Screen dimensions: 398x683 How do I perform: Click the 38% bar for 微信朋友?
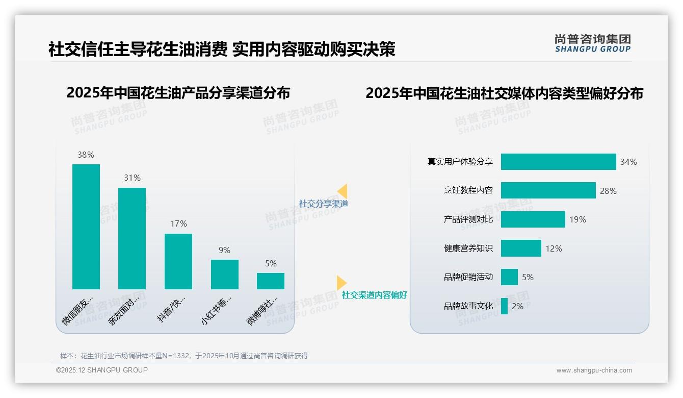(86, 227)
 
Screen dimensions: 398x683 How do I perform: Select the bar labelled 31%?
(132, 238)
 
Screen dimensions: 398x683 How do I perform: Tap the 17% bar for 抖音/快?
(178, 261)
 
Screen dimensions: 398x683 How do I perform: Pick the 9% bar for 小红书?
(225, 275)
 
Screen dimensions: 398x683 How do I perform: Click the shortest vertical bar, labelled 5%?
(271, 281)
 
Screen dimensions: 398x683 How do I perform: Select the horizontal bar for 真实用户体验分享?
(558, 162)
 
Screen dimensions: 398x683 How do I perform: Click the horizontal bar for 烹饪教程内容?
(548, 190)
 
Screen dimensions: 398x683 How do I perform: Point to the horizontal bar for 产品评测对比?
(533, 219)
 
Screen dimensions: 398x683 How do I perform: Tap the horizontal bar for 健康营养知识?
(521, 248)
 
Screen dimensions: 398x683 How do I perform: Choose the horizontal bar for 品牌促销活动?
(509, 277)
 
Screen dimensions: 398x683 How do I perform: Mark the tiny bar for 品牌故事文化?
(504, 306)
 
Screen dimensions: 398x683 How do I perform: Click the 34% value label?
(628, 162)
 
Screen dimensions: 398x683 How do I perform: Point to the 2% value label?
(517, 306)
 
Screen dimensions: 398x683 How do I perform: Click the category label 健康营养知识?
(468, 248)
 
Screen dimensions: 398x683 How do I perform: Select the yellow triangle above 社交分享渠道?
(343, 191)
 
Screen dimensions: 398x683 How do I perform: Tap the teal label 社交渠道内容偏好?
(375, 295)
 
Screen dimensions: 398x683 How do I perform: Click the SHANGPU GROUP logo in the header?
(592, 43)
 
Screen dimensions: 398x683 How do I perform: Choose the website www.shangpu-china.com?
(594, 370)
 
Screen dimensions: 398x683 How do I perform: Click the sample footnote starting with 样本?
(184, 356)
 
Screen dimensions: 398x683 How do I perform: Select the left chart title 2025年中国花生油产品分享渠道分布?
(178, 93)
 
